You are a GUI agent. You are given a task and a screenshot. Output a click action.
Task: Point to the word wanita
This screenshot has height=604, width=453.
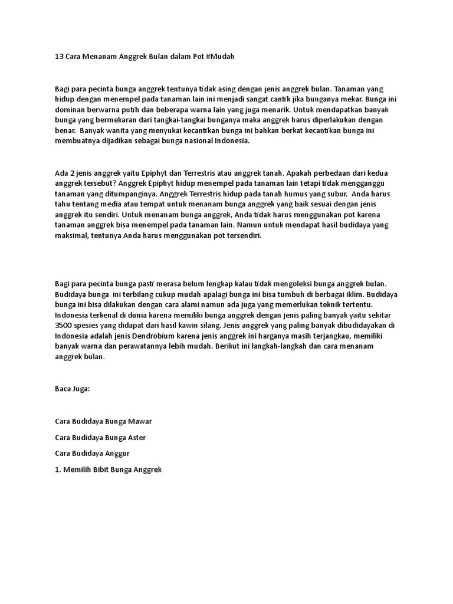126,130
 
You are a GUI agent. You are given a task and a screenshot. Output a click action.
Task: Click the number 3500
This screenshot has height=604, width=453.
65,326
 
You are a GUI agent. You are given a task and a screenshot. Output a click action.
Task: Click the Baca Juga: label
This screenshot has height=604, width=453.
73,389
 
